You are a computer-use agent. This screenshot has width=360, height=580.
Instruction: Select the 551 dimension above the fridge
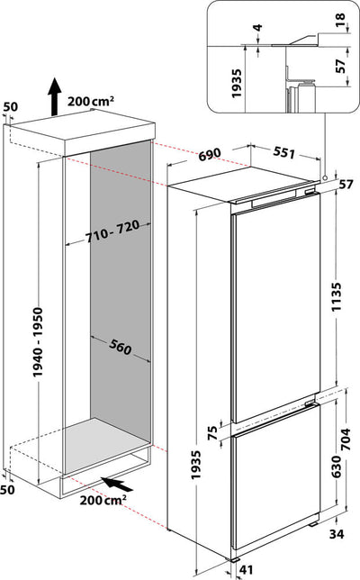click(x=283, y=153)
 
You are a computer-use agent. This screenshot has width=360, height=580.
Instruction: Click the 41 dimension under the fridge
click(x=273, y=569)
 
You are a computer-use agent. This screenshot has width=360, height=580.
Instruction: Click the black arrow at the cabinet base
click(x=114, y=483)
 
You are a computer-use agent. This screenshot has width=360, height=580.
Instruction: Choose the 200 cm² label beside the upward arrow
click(x=96, y=100)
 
